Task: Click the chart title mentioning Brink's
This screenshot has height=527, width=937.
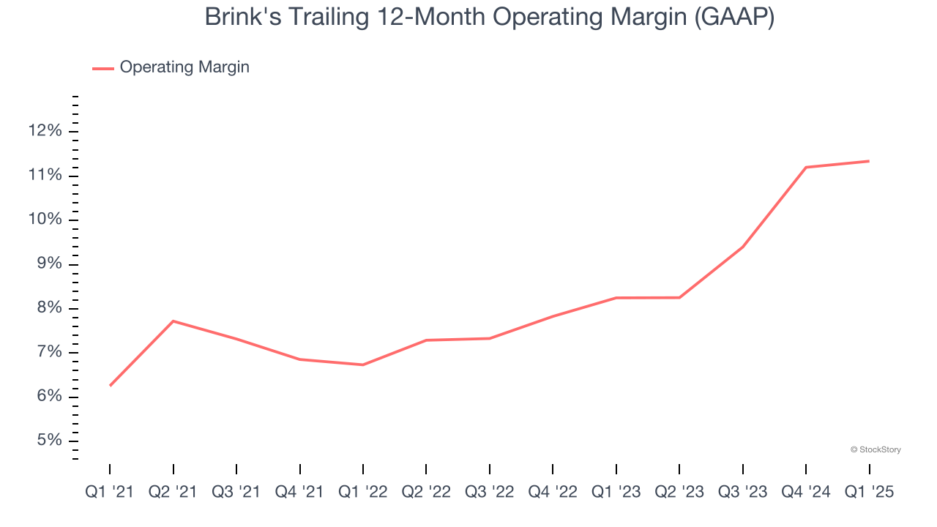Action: [489, 17]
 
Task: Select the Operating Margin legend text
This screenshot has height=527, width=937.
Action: [184, 67]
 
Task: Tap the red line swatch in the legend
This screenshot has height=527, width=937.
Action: [103, 68]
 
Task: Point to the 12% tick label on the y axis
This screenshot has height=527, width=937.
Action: [45, 131]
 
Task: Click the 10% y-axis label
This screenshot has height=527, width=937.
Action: [45, 220]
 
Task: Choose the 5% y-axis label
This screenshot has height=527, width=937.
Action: [48, 441]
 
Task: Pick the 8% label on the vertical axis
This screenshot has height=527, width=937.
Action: [48, 308]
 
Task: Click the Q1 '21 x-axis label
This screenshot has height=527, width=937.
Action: [110, 492]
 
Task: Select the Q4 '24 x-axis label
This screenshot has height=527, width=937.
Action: [806, 492]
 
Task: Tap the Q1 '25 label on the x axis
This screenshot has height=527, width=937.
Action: [869, 492]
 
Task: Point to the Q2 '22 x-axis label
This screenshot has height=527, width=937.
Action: [426, 492]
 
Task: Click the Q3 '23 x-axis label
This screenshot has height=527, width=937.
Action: [742, 492]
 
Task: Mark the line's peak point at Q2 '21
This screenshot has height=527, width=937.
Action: [173, 321]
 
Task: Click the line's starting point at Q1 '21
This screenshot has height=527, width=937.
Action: [110, 386]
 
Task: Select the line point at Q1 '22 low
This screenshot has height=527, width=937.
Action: [363, 365]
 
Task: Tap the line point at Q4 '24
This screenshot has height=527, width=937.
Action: [806, 167]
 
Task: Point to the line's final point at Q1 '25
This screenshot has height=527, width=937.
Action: [869, 161]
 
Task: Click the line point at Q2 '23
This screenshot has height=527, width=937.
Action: [679, 297]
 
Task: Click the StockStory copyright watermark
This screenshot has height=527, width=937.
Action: [876, 449]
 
